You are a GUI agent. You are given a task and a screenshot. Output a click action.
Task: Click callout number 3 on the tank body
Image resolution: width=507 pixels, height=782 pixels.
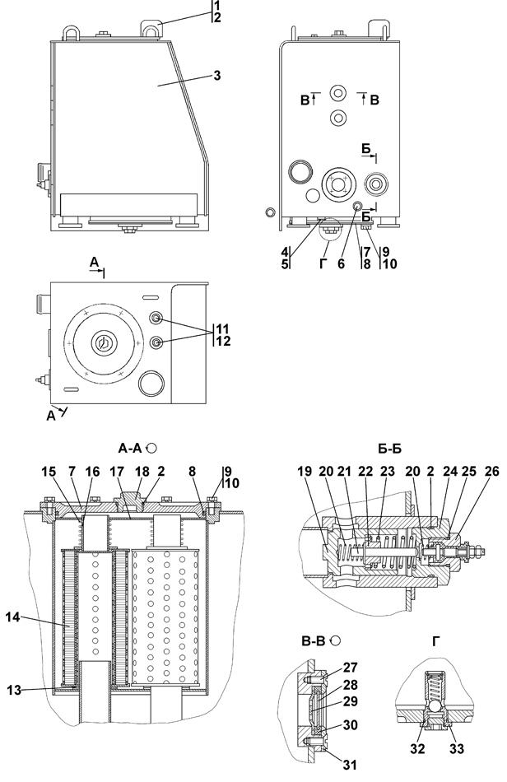pyautogui.click(x=216, y=75)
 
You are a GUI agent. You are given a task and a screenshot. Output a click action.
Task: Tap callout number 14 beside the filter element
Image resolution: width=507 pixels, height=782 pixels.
pyautogui.click(x=13, y=617)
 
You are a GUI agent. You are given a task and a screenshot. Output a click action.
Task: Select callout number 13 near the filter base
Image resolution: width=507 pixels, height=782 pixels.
pyautogui.click(x=14, y=690)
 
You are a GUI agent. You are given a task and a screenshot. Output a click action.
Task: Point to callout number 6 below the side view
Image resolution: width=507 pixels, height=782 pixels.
pyautogui.click(x=341, y=264)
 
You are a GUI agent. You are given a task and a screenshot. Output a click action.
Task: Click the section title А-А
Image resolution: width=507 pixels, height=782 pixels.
pyautogui.click(x=131, y=449)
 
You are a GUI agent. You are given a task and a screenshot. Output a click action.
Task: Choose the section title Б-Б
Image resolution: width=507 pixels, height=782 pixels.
pyautogui.click(x=389, y=449)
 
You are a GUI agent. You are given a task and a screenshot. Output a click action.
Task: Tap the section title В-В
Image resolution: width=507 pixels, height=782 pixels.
pyautogui.click(x=314, y=641)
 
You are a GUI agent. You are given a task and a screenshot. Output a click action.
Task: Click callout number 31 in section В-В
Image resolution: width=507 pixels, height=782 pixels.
pyautogui.click(x=351, y=764)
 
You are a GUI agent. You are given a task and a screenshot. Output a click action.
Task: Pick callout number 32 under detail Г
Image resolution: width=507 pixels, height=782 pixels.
pyautogui.click(x=418, y=748)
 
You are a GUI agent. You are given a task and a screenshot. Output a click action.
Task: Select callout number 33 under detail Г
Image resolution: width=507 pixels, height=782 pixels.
pyautogui.click(x=457, y=748)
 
